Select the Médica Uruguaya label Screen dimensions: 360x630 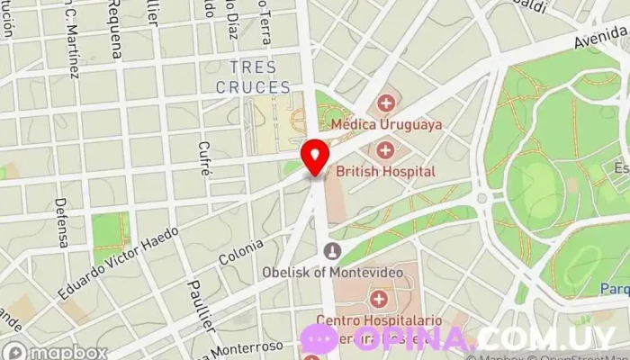[387, 124]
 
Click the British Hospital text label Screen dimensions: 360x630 [386, 171]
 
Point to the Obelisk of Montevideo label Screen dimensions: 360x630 [332, 271]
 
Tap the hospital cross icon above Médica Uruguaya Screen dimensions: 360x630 [386, 103]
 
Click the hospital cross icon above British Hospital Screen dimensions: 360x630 [386, 149]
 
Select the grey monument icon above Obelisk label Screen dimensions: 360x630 [333, 250]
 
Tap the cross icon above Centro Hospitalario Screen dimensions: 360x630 [379, 298]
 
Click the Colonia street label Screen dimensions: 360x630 [241, 252]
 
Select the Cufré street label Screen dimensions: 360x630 [205, 158]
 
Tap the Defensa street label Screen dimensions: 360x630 [61, 222]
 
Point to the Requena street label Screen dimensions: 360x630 [115, 30]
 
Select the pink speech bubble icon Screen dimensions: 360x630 [319, 338]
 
